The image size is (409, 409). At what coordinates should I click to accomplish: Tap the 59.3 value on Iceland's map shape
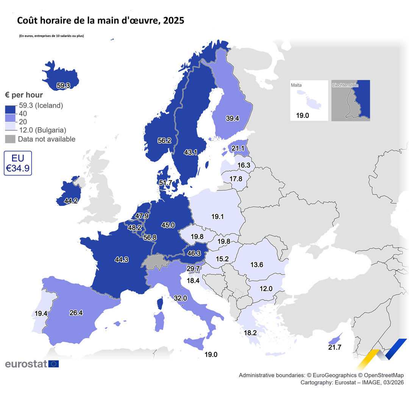click(63, 86)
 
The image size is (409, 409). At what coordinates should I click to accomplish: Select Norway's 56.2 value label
click(164, 140)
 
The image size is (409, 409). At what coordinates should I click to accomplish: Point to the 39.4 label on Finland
click(232, 119)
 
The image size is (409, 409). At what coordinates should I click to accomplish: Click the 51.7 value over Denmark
click(165, 183)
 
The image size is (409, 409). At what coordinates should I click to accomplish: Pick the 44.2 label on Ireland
click(71, 201)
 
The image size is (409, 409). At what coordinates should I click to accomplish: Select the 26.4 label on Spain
click(76, 313)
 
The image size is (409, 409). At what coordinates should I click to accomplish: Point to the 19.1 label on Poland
click(218, 217)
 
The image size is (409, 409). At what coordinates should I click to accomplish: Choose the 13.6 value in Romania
click(256, 265)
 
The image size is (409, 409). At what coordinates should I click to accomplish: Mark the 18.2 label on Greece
click(250, 333)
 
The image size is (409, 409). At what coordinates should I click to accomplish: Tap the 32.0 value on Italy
click(181, 298)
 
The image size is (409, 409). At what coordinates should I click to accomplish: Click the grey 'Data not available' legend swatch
click(10, 139)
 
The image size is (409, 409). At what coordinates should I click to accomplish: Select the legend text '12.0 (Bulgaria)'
click(43, 130)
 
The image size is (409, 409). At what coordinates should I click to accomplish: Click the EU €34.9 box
click(18, 163)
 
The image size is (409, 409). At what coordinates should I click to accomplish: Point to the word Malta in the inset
click(297, 86)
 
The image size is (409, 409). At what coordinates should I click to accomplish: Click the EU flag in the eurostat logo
click(54, 364)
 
